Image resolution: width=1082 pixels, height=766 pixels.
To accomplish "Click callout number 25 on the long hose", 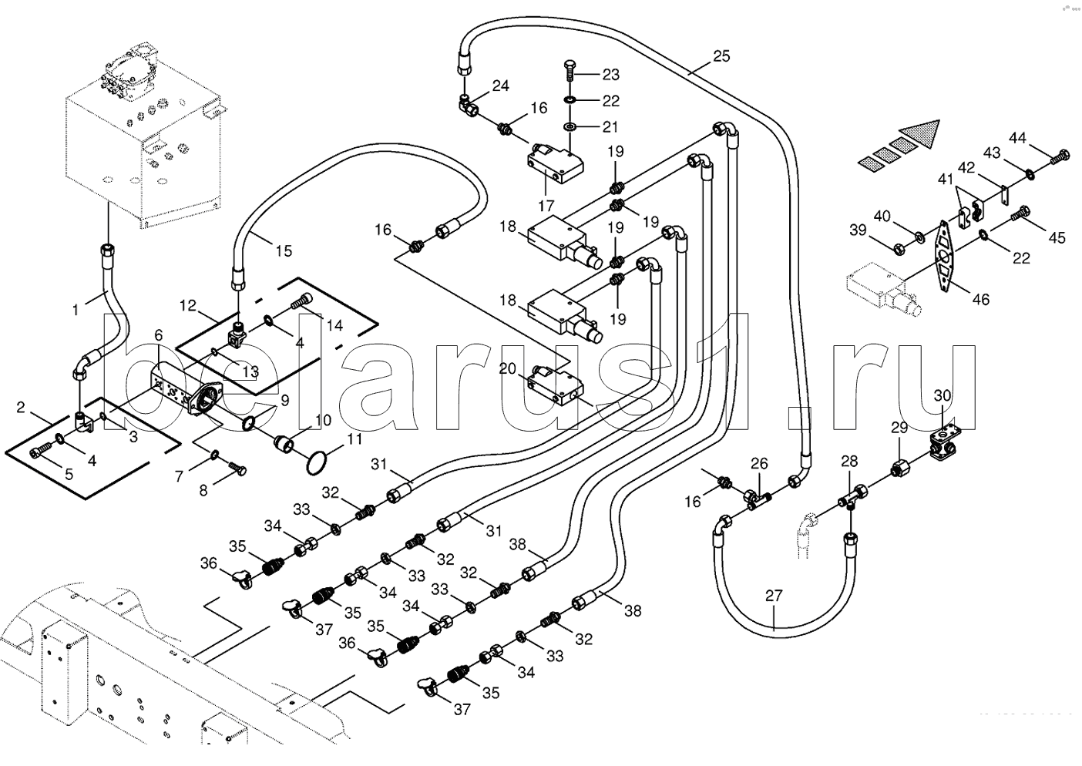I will point(721,55).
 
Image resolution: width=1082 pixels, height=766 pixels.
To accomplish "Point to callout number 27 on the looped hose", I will point(774,596).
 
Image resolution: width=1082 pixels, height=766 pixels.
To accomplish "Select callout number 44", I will point(1017,138).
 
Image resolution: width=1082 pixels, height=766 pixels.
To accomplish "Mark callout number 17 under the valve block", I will point(546,206).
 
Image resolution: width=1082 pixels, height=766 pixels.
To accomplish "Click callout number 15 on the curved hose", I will point(284,250).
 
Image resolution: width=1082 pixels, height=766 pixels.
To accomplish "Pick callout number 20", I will point(507,368).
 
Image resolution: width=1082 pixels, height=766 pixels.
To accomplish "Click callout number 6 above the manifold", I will point(158,334).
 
